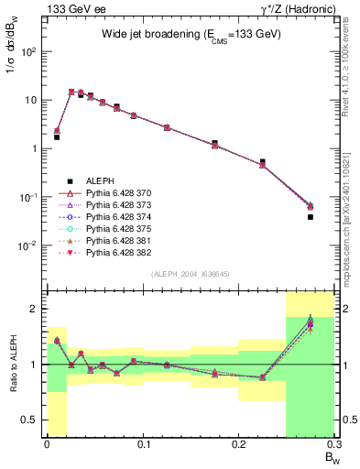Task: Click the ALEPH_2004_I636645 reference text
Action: [x=189, y=273]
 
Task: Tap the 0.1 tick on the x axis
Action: [x=143, y=444]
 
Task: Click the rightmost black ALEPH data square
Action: [x=310, y=217]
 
